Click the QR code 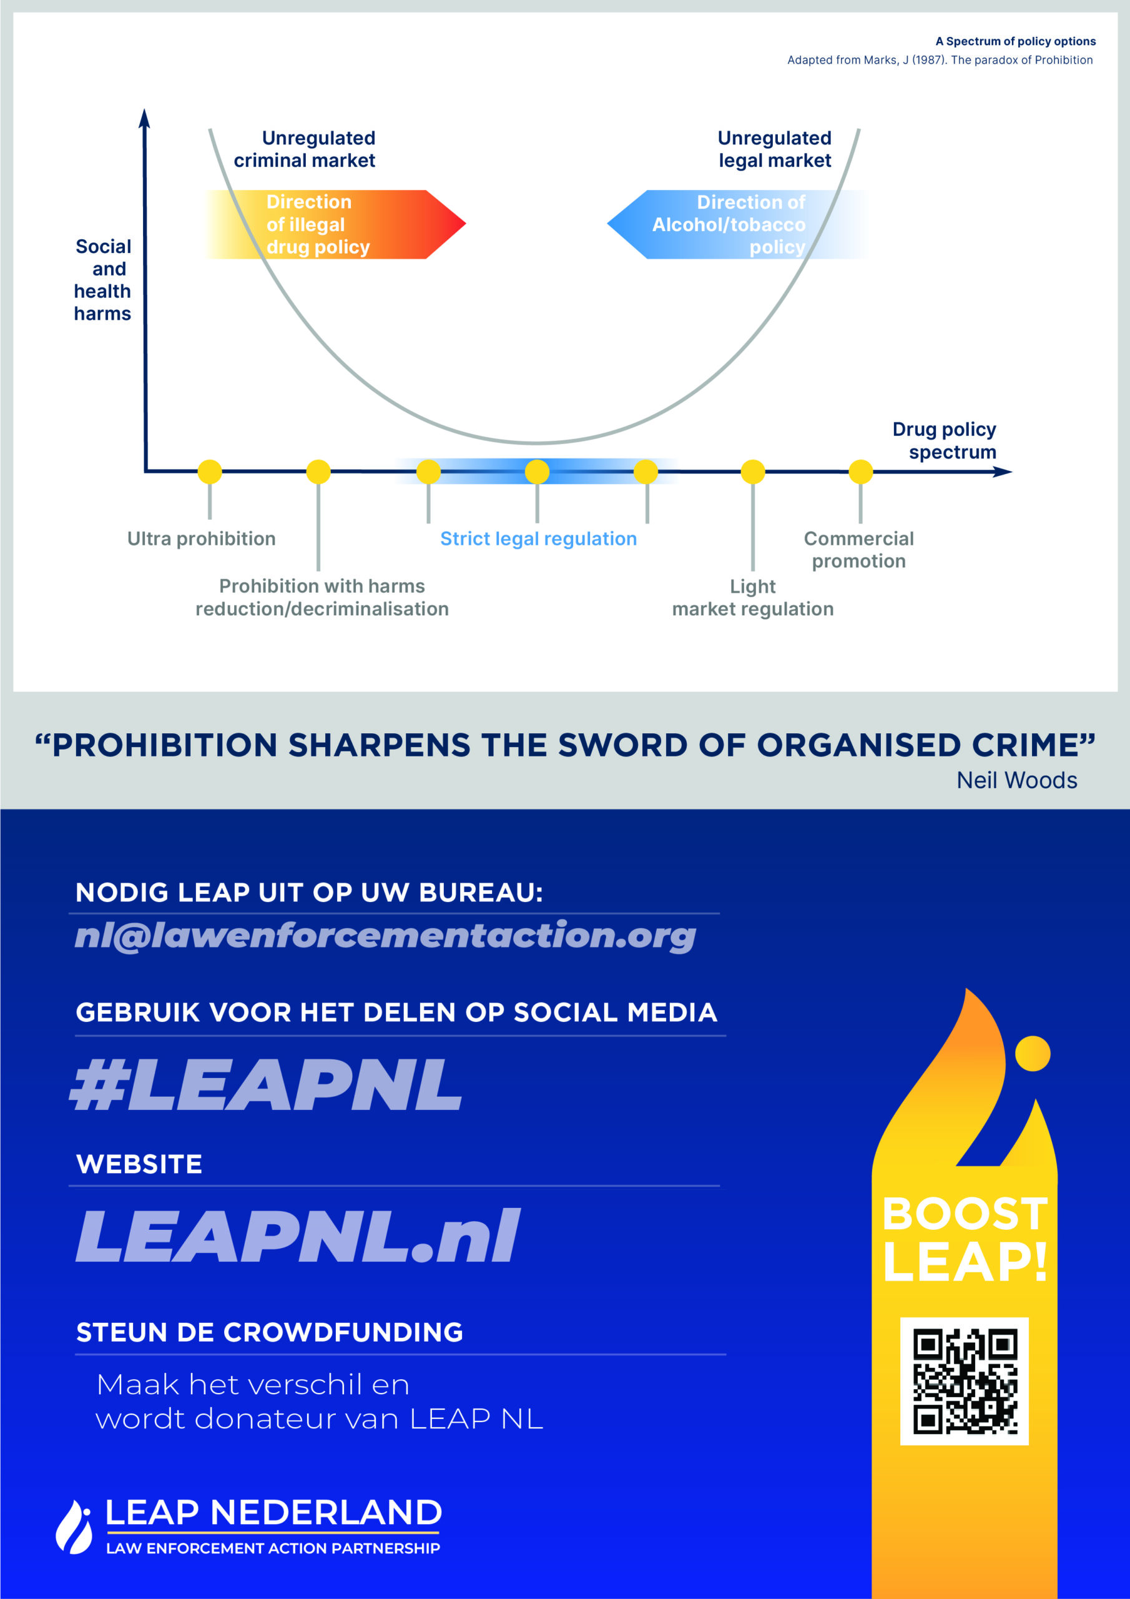coord(965,1382)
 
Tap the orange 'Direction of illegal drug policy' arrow coord(334,224)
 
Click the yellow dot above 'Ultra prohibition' coord(210,472)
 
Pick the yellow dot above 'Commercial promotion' coord(860,472)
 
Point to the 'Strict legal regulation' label coord(538,538)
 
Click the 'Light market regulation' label coord(753,598)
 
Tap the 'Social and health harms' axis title coord(103,280)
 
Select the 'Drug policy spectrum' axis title coord(945,440)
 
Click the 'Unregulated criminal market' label coord(305,149)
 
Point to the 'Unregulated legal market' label coord(774,149)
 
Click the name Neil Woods coord(1016,780)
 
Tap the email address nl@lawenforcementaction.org coord(385,935)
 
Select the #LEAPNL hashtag coord(266,1085)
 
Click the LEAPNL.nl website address coord(298,1235)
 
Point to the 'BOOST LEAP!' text coord(965,1238)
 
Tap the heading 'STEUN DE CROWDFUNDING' coord(270,1332)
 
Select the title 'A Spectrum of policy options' coord(1015,41)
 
